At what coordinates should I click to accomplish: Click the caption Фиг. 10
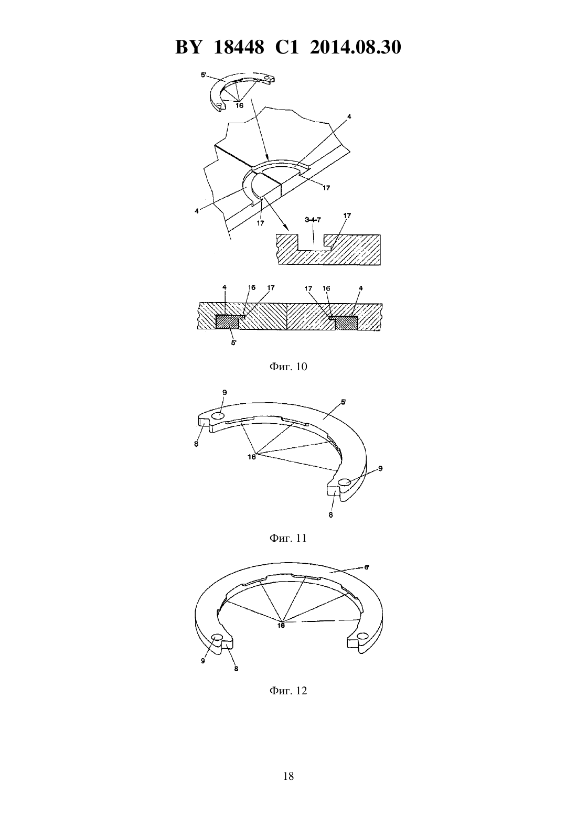tap(288, 367)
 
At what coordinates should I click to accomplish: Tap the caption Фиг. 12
tap(288, 690)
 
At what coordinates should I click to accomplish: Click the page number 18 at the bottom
tap(288, 776)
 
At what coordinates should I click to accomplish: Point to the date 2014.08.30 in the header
tap(356, 47)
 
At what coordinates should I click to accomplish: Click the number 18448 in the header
tap(239, 47)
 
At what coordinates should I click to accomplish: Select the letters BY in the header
tap(188, 47)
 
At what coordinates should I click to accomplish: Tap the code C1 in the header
tap(287, 47)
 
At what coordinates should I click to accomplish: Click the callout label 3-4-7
tap(313, 220)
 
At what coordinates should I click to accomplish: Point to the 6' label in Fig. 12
tap(367, 567)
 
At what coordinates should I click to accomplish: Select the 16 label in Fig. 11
tap(252, 457)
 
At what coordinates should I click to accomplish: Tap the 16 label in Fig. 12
tap(281, 626)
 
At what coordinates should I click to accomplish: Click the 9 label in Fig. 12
tap(203, 661)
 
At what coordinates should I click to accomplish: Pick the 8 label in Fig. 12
tap(236, 669)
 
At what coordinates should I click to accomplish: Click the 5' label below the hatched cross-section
tap(234, 343)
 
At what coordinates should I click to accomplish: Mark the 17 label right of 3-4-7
tap(347, 216)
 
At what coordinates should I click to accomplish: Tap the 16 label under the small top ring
tap(239, 105)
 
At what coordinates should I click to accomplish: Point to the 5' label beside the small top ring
tap(204, 75)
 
